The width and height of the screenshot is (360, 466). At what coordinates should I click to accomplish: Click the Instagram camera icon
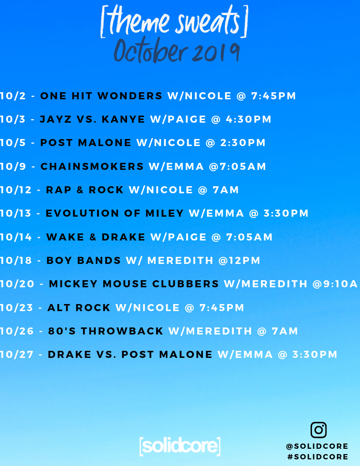[x=319, y=430]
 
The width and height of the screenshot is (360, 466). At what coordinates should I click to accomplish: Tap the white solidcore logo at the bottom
[x=180, y=446]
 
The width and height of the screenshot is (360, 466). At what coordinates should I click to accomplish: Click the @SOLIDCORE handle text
[x=317, y=446]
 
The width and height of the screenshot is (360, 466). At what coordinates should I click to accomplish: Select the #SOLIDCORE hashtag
[x=318, y=456]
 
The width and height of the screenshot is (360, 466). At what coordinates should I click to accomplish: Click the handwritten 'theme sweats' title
[x=174, y=21]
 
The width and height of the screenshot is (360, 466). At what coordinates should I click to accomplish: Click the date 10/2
[x=13, y=96]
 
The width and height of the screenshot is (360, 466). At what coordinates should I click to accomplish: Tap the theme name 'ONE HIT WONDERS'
[x=101, y=96]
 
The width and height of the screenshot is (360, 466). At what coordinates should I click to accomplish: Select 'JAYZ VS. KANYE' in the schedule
[x=92, y=119]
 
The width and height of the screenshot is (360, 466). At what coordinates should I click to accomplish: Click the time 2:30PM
[x=243, y=143]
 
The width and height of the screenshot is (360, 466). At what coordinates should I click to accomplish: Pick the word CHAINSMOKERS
[x=92, y=166]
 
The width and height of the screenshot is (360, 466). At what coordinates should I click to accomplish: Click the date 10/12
[x=16, y=190]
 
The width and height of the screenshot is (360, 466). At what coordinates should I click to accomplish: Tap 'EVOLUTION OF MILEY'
[x=115, y=214]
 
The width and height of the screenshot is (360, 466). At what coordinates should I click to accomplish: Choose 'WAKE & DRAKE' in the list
[x=96, y=237]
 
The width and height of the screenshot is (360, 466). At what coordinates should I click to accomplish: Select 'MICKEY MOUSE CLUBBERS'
[x=134, y=284]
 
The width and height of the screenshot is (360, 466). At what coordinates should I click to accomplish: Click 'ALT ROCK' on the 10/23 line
[x=79, y=308]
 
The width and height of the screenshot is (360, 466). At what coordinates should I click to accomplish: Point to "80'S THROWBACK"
[x=106, y=331]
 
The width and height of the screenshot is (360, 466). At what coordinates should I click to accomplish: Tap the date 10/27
[x=17, y=354]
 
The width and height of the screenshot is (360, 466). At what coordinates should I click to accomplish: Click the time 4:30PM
[x=249, y=119]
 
